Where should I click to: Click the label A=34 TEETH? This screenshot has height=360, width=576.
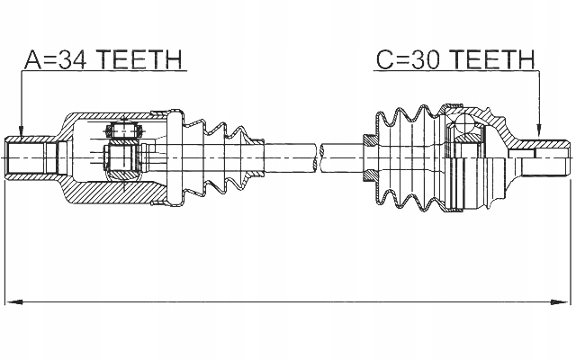tap(103, 60)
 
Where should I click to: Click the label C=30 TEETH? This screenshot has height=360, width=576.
tap(454, 60)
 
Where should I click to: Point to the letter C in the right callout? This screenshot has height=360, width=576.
tap(384, 60)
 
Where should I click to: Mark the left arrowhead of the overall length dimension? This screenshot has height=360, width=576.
tap(11, 302)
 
